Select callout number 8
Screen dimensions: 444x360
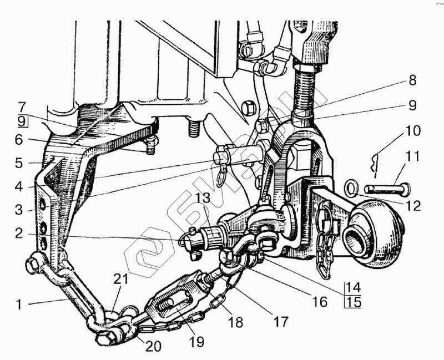(x=412, y=79)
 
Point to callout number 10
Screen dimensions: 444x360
(x=413, y=132)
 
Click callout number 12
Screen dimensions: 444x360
(x=413, y=206)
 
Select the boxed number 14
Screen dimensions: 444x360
(x=353, y=288)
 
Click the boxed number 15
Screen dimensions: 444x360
(x=353, y=303)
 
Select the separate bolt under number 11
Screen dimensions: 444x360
(x=389, y=189)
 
